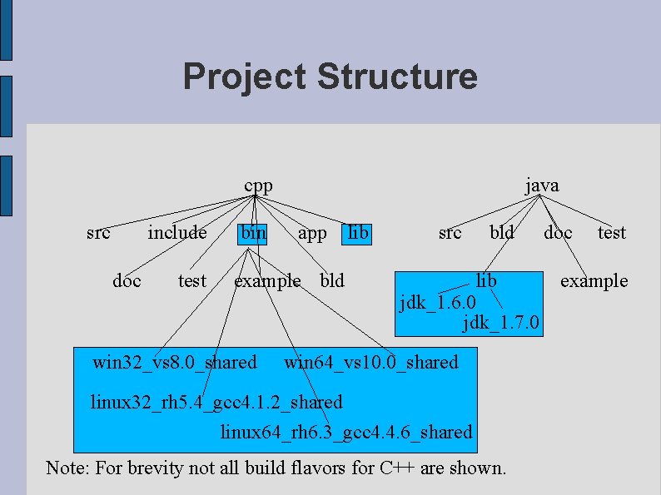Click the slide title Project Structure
[x=330, y=77]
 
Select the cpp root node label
[x=258, y=185]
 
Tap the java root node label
[x=542, y=185]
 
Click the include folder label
[x=177, y=233]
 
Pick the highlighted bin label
[x=253, y=233]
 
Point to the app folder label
[x=312, y=234]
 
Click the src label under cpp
[x=98, y=233]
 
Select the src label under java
[x=450, y=233]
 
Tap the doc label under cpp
[x=127, y=281]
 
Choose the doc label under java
[x=558, y=233]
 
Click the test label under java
[x=612, y=233]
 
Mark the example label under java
[x=594, y=281]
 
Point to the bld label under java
[x=502, y=233]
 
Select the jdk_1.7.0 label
[x=501, y=322]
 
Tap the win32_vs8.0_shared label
[x=175, y=362]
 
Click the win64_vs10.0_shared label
[x=371, y=362]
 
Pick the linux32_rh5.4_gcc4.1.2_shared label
[x=216, y=403]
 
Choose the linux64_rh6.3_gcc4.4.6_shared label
[x=345, y=433]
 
